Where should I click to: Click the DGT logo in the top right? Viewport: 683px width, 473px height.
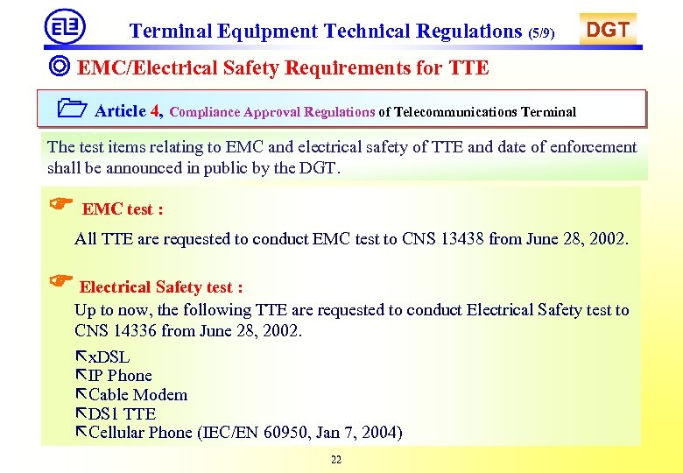607,30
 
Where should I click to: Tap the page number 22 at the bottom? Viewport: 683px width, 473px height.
336,460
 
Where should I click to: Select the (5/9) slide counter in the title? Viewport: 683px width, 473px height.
541,33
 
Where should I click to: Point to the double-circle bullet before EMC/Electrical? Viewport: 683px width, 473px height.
60,67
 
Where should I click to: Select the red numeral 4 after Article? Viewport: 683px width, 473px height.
156,111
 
